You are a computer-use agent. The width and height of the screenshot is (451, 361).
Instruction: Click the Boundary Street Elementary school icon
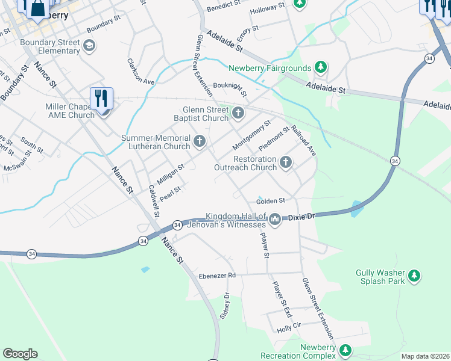click(89, 46)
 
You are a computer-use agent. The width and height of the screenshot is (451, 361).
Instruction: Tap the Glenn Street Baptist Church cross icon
click(238, 113)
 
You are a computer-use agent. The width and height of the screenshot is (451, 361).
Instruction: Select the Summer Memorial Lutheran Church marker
click(199, 141)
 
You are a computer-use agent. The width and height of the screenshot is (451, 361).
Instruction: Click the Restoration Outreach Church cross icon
click(285, 162)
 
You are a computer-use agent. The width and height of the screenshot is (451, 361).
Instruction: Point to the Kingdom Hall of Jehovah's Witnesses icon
click(276, 219)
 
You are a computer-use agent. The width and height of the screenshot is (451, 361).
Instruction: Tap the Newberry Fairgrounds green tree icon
click(321, 67)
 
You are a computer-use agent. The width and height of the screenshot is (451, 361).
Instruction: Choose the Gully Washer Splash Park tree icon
click(414, 276)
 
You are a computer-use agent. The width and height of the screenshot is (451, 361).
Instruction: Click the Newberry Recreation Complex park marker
click(345, 350)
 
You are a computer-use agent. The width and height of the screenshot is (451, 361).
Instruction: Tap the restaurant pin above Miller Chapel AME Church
click(101, 98)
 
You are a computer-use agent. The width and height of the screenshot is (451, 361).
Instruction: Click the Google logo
click(20, 353)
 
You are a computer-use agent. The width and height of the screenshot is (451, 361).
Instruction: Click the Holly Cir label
click(288, 329)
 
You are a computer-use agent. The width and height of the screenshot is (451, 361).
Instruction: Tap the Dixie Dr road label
click(301, 216)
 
